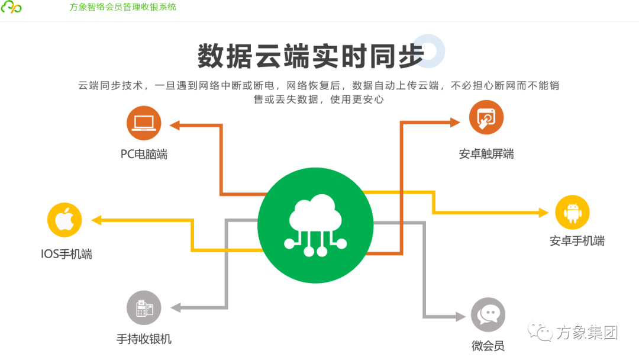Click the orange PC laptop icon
[x=144, y=123]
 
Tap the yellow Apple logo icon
[x=64, y=220]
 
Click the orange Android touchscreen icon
[x=486, y=117]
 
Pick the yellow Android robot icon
[x=572, y=213]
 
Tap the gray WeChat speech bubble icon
[x=488, y=314]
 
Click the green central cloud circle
[x=316, y=226]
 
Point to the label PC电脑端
[x=144, y=154]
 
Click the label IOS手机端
[x=66, y=255]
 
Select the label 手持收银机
[x=144, y=339]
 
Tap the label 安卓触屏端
[x=486, y=154]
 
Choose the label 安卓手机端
[x=577, y=241]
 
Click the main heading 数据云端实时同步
[x=311, y=57]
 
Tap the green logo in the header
[x=11, y=8]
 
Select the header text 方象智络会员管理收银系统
[x=122, y=7]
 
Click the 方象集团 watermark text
[x=586, y=333]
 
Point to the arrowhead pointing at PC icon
[x=175, y=125]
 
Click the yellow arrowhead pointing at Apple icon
[x=96, y=220]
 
